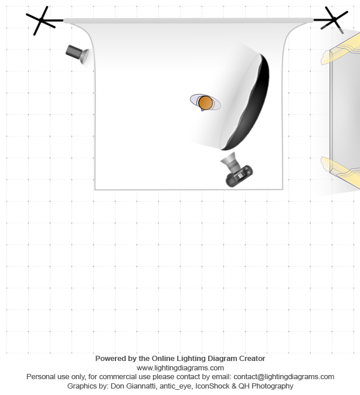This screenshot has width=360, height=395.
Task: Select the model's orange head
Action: tap(205, 103)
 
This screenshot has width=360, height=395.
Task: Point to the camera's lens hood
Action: tap(229, 159)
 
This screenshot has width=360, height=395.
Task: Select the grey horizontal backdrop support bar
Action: tap(188, 21)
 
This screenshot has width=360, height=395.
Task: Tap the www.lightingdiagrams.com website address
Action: tap(180, 367)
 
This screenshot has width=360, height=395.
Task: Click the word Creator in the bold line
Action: tap(250, 358)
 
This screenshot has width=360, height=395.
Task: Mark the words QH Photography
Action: tap(266, 386)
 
